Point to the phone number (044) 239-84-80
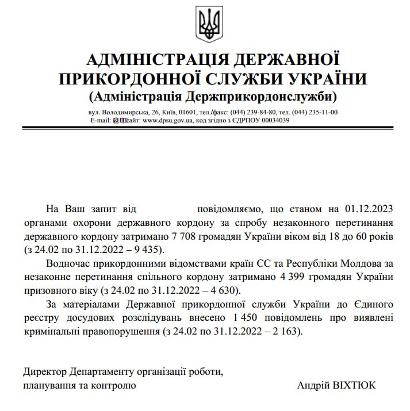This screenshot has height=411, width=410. coord(252,112)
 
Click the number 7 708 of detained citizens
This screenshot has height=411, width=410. coord(185,236)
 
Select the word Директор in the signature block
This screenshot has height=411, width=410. coord(44,371)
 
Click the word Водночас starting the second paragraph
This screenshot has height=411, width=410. coord(68,264)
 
